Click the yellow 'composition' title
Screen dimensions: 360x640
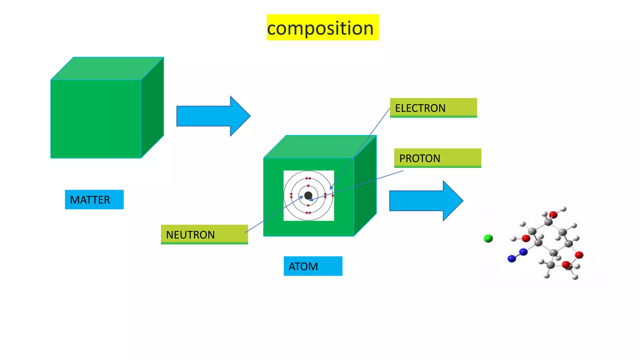322,27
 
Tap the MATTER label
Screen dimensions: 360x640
94,200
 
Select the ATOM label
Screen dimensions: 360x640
313,266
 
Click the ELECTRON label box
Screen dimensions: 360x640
433,108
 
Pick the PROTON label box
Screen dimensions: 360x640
437,158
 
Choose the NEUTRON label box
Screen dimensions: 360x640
204,234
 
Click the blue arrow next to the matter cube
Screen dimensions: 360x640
213,116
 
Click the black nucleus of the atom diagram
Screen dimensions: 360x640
308,196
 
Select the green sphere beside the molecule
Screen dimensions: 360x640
488,239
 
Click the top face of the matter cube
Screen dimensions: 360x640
107,68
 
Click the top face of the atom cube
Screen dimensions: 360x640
320,147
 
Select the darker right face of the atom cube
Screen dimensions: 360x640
365,186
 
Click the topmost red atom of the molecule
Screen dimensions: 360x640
553,215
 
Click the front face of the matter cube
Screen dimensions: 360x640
96,119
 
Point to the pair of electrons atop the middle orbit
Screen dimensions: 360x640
308,178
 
